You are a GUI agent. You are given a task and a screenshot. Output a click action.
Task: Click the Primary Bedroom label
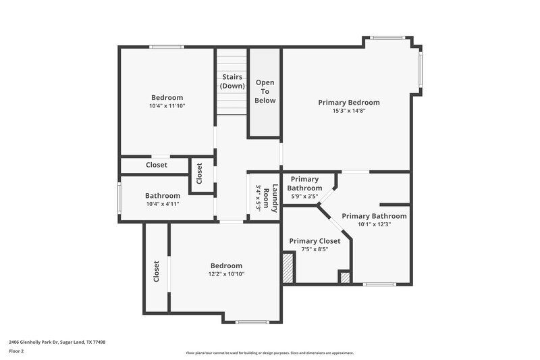click(348, 103)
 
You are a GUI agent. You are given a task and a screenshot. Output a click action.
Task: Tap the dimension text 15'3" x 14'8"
click(348, 111)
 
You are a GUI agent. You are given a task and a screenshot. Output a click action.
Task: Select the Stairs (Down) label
click(232, 82)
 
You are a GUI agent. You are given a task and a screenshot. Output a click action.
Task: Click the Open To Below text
click(265, 91)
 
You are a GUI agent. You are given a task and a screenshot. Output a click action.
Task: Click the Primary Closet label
click(315, 241)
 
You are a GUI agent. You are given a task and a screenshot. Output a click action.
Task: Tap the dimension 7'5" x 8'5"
click(314, 249)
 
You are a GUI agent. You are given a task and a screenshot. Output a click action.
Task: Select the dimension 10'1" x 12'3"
click(374, 224)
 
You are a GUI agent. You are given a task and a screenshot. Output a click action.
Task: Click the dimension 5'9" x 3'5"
click(304, 197)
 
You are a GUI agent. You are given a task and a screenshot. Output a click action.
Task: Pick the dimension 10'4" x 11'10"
click(167, 106)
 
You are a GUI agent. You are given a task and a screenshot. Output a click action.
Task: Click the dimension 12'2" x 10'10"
click(225, 274)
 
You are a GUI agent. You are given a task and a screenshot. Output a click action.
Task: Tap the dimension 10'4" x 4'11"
click(162, 204)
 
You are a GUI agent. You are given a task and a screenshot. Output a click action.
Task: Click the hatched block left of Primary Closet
click(288, 267)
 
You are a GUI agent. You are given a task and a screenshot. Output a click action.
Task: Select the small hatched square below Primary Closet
click(344, 276)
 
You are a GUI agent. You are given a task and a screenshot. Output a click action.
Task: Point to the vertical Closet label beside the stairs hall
click(200, 174)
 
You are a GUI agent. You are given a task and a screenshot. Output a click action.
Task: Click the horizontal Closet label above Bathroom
click(157, 165)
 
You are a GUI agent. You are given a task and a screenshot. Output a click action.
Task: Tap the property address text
click(57, 342)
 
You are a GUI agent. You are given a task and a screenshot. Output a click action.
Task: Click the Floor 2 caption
click(16, 351)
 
